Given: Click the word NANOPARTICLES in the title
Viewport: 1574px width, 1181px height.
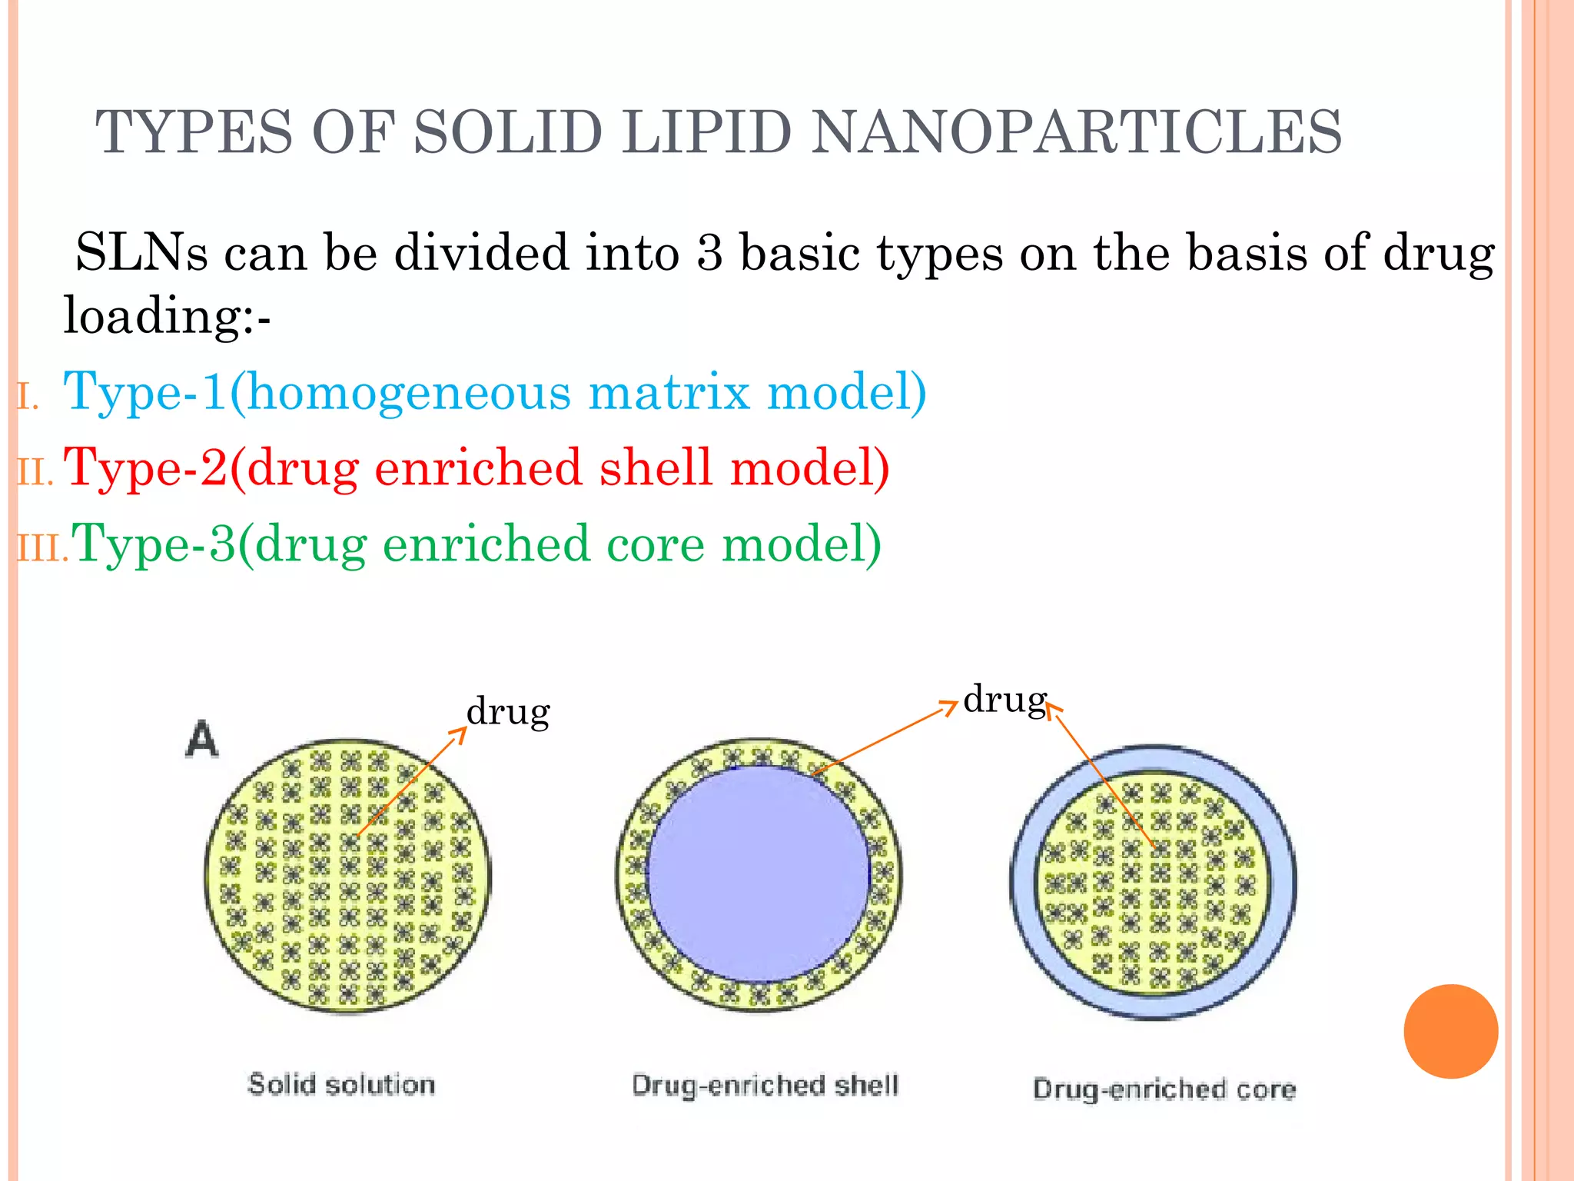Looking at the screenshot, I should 1077,132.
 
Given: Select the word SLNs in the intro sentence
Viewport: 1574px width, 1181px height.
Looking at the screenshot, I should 141,252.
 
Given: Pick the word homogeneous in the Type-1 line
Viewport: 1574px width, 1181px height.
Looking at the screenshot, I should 409,392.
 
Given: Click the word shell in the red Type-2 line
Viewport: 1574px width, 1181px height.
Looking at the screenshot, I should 656,467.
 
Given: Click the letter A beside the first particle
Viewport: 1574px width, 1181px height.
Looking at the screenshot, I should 202,740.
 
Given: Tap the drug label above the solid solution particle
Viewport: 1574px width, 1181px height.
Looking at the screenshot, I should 508,711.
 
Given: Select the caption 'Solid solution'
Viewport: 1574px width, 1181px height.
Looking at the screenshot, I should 341,1085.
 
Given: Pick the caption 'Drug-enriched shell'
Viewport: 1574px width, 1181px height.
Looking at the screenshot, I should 765,1086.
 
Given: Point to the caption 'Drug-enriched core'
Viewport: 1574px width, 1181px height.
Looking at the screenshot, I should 1164,1090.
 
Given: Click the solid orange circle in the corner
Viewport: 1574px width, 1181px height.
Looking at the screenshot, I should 1450,1031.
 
